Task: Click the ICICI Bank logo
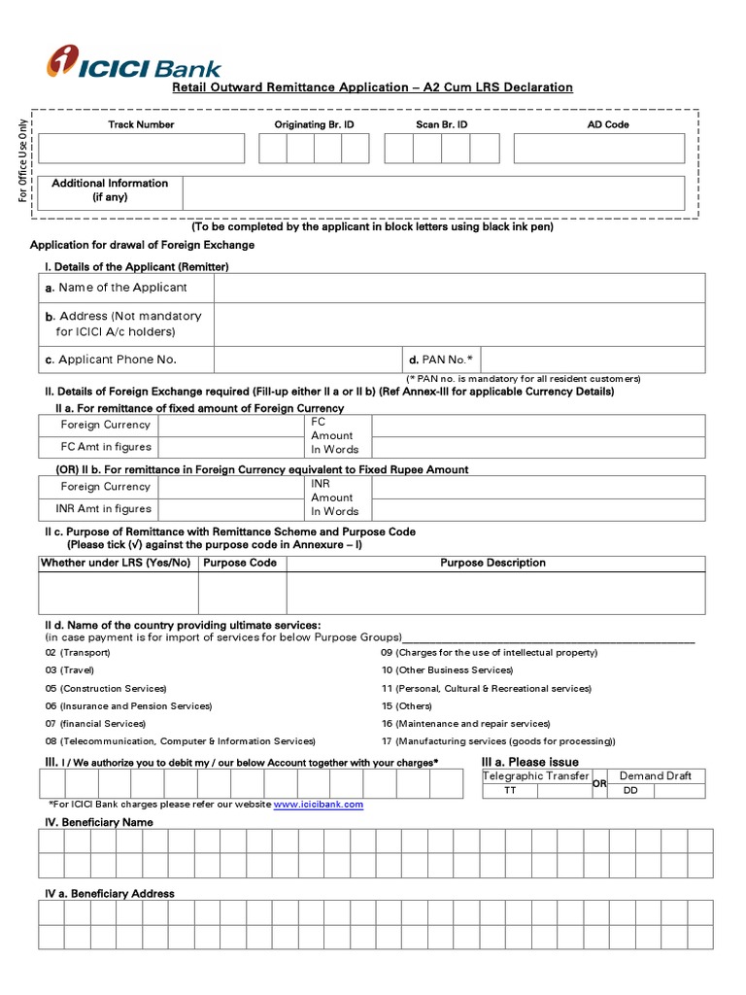pyautogui.click(x=134, y=63)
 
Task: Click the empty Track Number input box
pyautogui.click(x=142, y=149)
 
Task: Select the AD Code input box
pyautogui.click(x=598, y=149)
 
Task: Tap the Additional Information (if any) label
pyautogui.click(x=110, y=190)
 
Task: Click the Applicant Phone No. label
pyautogui.click(x=118, y=360)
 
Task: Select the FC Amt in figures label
pyautogui.click(x=106, y=447)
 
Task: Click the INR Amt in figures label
pyautogui.click(x=106, y=509)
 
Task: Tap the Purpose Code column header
pyautogui.click(x=240, y=564)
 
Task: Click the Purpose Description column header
pyautogui.click(x=493, y=564)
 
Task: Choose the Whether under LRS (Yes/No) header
pyautogui.click(x=116, y=564)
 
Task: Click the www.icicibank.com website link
pyautogui.click(x=319, y=805)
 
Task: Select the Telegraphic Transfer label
pyautogui.click(x=536, y=776)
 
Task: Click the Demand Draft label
pyautogui.click(x=656, y=776)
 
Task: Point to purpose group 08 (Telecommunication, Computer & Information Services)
pyautogui.click(x=180, y=741)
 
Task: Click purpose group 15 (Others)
pyautogui.click(x=406, y=706)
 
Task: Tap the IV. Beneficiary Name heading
pyautogui.click(x=99, y=822)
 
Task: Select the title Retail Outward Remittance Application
pyautogui.click(x=372, y=87)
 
